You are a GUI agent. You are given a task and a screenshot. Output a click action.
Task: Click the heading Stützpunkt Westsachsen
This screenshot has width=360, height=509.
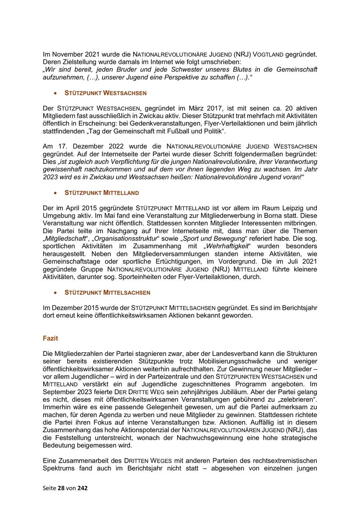pos(106,93)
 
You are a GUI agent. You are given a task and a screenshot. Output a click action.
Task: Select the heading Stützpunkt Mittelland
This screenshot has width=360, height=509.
pos(102,193)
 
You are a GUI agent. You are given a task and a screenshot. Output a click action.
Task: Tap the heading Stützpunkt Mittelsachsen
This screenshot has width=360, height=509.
pos(107,292)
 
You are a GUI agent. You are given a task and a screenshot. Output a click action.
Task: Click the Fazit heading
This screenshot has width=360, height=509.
pos(50,338)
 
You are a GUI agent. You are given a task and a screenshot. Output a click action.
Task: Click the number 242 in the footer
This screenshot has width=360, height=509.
pos(82,488)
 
